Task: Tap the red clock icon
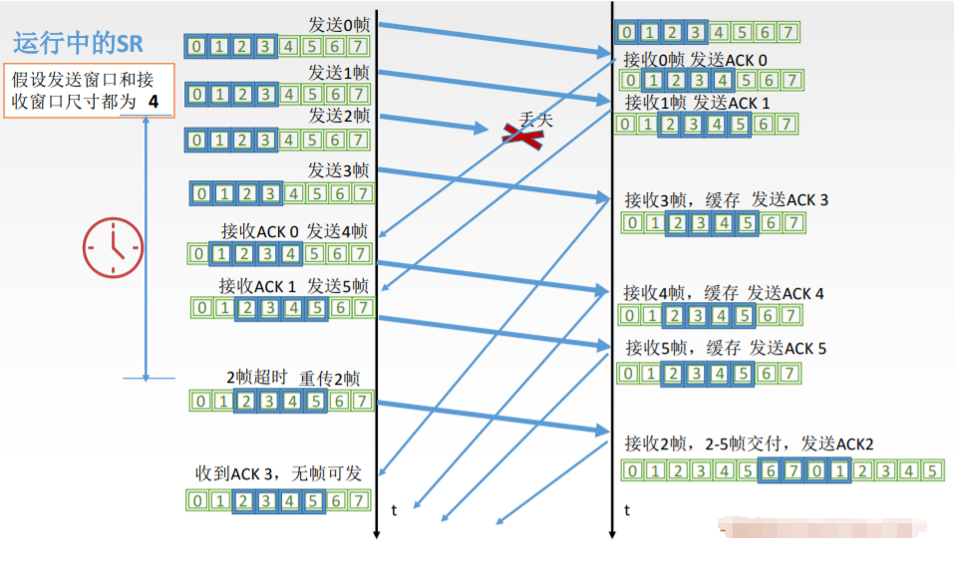112,247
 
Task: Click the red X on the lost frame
522,136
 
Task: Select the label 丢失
535,120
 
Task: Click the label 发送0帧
339,23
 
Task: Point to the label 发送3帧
338,169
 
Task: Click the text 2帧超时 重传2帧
293,378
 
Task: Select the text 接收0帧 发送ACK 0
695,58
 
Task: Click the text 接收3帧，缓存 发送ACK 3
726,199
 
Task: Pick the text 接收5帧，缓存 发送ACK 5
725,349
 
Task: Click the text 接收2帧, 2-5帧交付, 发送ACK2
749,443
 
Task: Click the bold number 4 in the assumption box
153,102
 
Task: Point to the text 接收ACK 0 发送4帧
294,231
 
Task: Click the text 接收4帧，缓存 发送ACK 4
724,293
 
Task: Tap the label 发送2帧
339,116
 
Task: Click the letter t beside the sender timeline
394,510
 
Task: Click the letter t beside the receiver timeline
627,510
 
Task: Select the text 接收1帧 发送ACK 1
697,102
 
